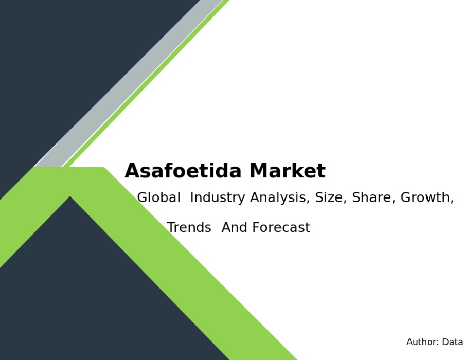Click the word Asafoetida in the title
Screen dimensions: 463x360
(x=183, y=171)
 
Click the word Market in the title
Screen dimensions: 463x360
(x=287, y=171)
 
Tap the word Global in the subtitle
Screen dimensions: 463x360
(x=159, y=197)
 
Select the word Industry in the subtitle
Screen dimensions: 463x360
(x=217, y=197)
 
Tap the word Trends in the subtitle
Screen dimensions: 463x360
(x=189, y=227)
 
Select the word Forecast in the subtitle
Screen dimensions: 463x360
(x=281, y=227)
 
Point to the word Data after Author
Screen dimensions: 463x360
(x=452, y=342)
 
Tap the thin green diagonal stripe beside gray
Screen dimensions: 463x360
(x=147, y=83)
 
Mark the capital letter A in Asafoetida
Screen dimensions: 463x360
(x=133, y=171)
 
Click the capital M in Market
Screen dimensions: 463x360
(x=259, y=171)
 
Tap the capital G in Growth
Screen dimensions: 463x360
(x=406, y=197)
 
